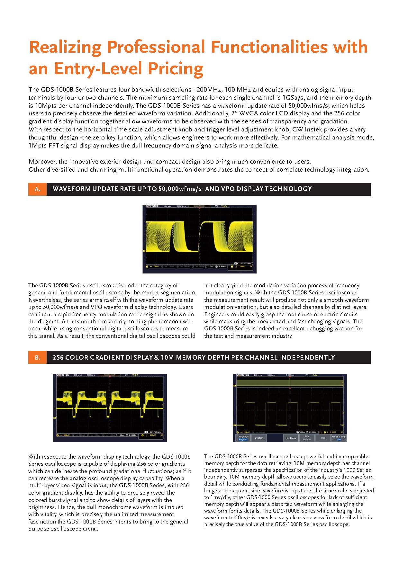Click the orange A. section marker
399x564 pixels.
point(38,189)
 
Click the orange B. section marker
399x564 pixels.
point(38,357)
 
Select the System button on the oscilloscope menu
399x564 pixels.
point(259,438)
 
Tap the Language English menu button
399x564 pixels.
point(243,438)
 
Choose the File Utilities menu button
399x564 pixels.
point(307,438)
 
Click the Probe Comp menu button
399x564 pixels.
point(339,438)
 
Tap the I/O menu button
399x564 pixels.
point(322,438)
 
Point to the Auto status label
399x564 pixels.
point(314,375)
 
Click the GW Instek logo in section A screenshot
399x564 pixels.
point(152,206)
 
